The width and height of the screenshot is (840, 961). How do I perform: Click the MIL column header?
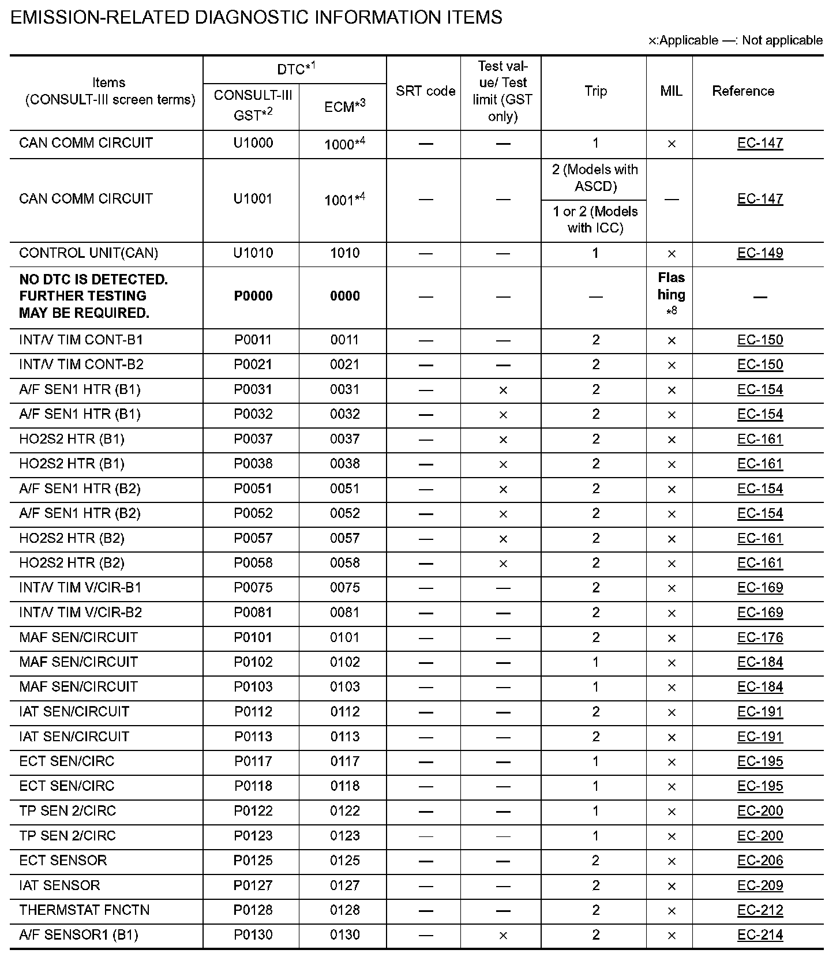[670, 91]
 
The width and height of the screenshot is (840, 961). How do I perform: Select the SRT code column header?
[425, 91]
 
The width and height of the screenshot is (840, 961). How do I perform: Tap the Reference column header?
[742, 91]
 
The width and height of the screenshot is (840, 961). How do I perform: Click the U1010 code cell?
[253, 253]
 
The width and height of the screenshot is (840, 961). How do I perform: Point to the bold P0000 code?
[253, 296]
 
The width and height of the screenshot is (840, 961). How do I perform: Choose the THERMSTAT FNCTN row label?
[84, 910]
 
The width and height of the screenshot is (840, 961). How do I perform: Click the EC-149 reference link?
[760, 253]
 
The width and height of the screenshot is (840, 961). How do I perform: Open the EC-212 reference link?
[760, 910]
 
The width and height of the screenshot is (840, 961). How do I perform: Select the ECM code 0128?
[345, 910]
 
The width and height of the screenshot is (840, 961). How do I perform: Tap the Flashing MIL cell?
[671, 294]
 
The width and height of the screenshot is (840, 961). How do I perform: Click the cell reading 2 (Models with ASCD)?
[595, 178]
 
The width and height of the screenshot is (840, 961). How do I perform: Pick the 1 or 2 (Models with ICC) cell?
[595, 220]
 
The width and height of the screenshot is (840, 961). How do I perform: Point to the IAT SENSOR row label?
[59, 885]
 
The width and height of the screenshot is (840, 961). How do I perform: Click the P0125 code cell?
[253, 861]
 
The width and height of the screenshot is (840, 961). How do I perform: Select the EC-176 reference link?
[760, 637]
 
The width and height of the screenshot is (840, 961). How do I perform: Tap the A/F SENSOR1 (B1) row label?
[78, 935]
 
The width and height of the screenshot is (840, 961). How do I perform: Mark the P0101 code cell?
[253, 637]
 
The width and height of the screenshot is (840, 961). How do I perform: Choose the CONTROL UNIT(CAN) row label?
[88, 253]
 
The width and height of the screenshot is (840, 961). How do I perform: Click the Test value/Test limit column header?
[502, 91]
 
